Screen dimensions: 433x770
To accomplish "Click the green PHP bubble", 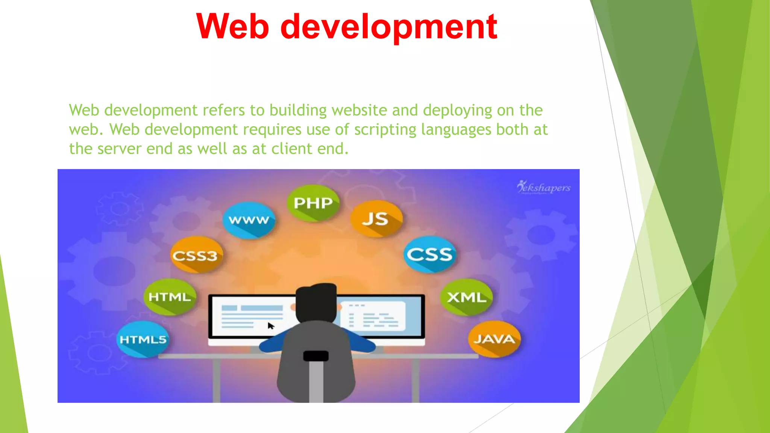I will pyautogui.click(x=313, y=203).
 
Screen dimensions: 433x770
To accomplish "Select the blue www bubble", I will pyautogui.click(x=249, y=220).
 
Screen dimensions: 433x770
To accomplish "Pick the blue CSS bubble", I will pyautogui.click(x=429, y=254).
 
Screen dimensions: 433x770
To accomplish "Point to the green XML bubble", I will pyautogui.click(x=466, y=297).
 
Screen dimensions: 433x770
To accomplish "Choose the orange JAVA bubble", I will pyautogui.click(x=494, y=339).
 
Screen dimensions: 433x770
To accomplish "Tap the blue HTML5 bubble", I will pyautogui.click(x=143, y=339).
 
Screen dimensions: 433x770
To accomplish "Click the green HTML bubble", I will pyautogui.click(x=170, y=297).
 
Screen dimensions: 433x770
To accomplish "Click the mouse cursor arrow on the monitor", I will pyautogui.click(x=271, y=326).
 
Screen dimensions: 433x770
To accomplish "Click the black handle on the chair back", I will pyautogui.click(x=316, y=356).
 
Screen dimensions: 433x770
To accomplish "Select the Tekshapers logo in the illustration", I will pyautogui.click(x=544, y=187).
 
